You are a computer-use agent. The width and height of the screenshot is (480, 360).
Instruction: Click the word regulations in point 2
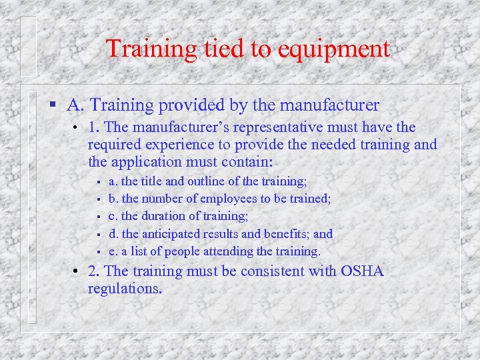tap(124, 289)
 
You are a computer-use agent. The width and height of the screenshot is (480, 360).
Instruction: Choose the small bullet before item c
tap(97, 216)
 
